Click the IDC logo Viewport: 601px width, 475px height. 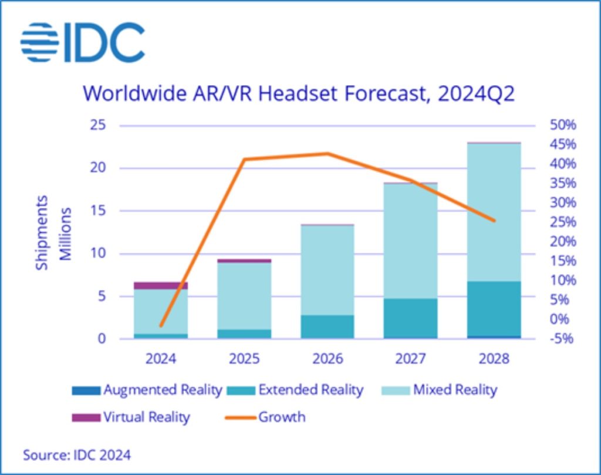click(x=82, y=42)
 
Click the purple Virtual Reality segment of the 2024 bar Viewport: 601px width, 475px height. click(x=161, y=285)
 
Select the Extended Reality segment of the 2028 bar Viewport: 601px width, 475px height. click(x=494, y=308)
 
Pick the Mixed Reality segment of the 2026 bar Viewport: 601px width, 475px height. click(x=327, y=270)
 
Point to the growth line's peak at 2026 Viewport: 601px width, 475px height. click(x=327, y=154)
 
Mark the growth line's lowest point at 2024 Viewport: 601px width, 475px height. click(x=161, y=325)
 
